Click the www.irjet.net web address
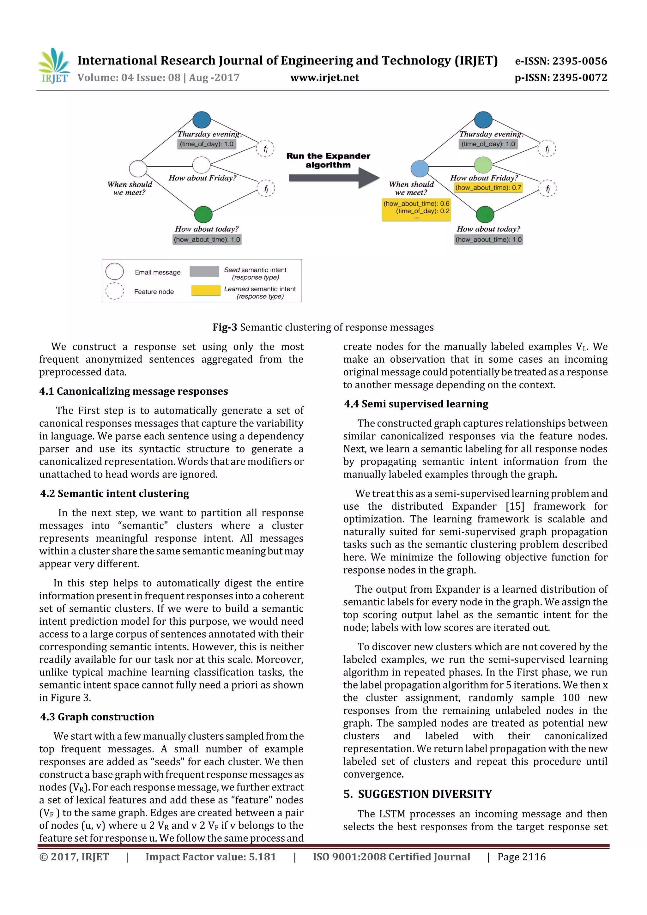tap(324, 78)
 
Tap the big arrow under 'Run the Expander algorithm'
tap(334, 178)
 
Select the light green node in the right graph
tap(483, 165)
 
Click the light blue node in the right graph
tap(420, 169)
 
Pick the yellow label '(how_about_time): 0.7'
tap(488, 188)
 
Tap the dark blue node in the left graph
tap(202, 119)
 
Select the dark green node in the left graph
tap(203, 215)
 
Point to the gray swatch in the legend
tap(204, 271)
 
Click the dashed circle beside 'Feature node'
tap(114, 291)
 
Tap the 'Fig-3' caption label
tap(225, 327)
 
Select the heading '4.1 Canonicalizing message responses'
tap(133, 391)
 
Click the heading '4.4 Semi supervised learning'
tap(416, 404)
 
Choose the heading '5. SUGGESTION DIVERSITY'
tap(418, 794)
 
